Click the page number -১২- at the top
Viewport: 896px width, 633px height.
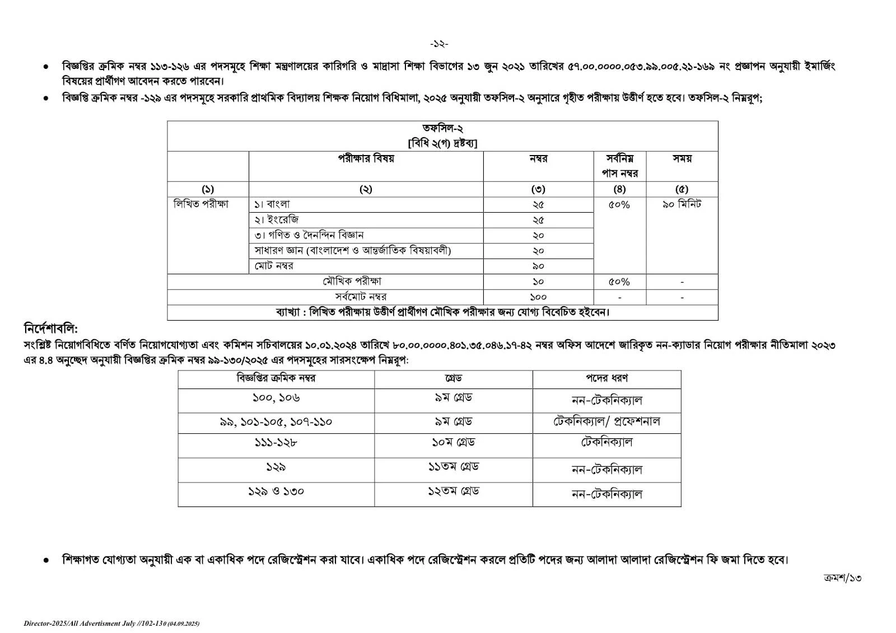(x=439, y=44)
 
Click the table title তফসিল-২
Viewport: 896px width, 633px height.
(x=442, y=129)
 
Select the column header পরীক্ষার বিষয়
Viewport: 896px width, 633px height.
(x=366, y=159)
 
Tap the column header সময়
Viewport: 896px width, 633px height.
(x=682, y=159)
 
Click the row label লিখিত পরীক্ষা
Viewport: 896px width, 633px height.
(x=201, y=204)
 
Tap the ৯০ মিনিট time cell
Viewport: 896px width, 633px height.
(x=682, y=204)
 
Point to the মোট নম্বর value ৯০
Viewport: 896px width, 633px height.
(x=538, y=266)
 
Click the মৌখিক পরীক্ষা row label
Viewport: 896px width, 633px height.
(x=352, y=282)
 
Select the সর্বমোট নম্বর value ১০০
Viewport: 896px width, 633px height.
(x=538, y=297)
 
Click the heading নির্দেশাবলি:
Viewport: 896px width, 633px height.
(x=51, y=327)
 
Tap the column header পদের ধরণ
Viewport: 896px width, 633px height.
(x=606, y=378)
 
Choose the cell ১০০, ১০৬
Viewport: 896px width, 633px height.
(x=276, y=398)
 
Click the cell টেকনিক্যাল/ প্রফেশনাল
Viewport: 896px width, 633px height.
(x=606, y=421)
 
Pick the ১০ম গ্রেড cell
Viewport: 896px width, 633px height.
(x=453, y=442)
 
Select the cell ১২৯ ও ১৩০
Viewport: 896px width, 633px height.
(x=276, y=491)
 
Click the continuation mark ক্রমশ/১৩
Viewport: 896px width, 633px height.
(x=842, y=578)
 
